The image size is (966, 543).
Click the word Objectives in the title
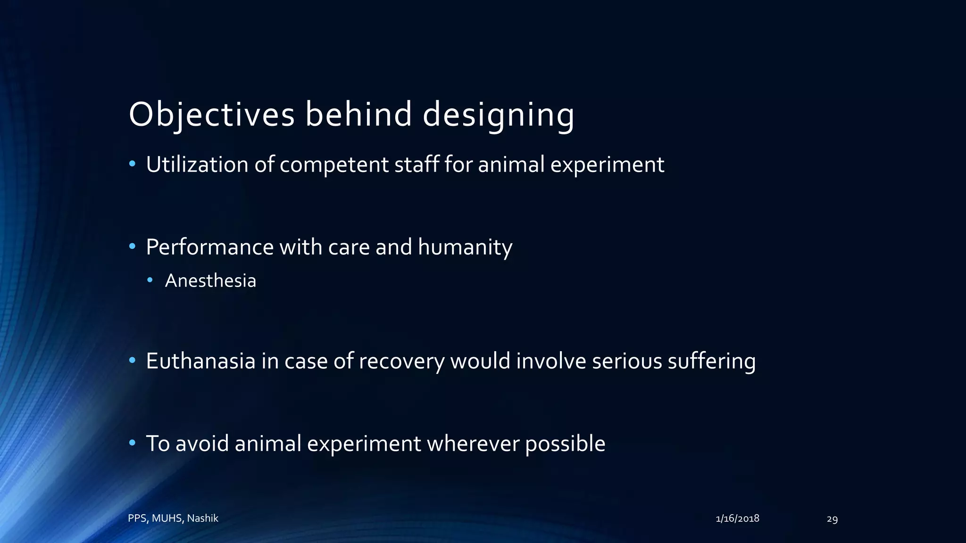pyautogui.click(x=211, y=115)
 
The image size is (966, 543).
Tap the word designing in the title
pyautogui.click(x=498, y=115)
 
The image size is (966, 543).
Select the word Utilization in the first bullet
pyautogui.click(x=197, y=165)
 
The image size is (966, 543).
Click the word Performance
pyautogui.click(x=209, y=247)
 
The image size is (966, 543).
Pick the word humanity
pyautogui.click(x=465, y=247)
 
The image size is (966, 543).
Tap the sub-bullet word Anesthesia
pyautogui.click(x=210, y=281)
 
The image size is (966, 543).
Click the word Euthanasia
pyautogui.click(x=200, y=361)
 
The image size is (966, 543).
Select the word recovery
pyautogui.click(x=401, y=361)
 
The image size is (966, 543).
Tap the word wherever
pyautogui.click(x=473, y=444)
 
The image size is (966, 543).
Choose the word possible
pyautogui.click(x=565, y=444)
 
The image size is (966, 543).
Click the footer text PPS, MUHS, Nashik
pyautogui.click(x=173, y=518)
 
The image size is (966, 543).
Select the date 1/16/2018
pyautogui.click(x=737, y=518)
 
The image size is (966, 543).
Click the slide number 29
pyautogui.click(x=832, y=519)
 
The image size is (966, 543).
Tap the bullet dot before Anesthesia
pyautogui.click(x=150, y=280)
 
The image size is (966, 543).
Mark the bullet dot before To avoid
pyautogui.click(x=133, y=443)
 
